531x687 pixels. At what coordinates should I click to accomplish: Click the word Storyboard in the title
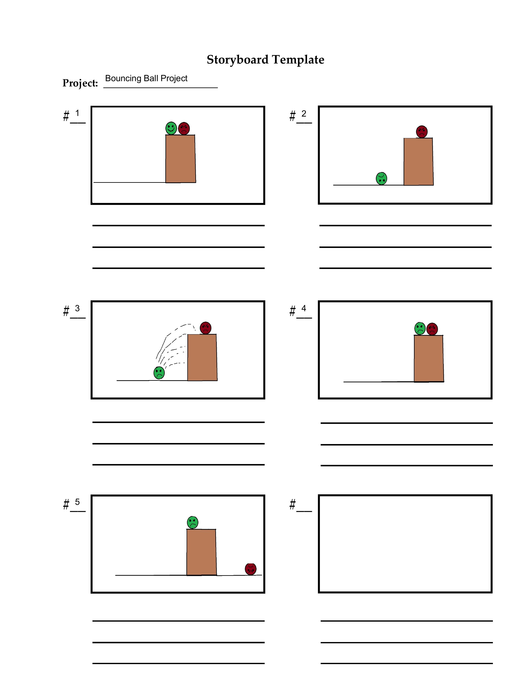coord(238,60)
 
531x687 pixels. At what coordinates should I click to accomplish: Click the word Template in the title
coord(298,60)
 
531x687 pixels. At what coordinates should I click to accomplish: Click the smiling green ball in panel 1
coord(171,128)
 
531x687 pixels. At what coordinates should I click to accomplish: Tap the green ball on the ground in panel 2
coord(381,179)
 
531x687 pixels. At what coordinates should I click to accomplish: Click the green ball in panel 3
coord(159,373)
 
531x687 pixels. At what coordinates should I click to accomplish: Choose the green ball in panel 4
coord(420,329)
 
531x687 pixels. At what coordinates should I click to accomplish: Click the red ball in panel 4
coord(432,329)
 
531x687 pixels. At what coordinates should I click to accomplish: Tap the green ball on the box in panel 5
coord(193,523)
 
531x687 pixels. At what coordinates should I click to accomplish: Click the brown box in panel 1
coord(181,159)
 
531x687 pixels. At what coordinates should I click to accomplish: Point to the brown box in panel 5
coord(201,552)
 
